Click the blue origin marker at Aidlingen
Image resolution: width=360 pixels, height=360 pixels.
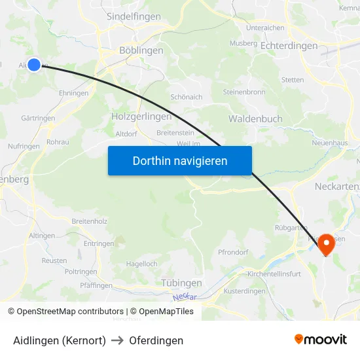(34, 64)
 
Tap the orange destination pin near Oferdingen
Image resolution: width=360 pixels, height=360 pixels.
(326, 245)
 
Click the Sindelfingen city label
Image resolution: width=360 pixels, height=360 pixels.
(134, 16)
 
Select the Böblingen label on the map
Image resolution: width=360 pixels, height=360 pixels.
(141, 50)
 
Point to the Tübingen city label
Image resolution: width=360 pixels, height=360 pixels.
(181, 283)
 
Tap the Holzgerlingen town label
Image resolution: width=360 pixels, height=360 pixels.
(141, 117)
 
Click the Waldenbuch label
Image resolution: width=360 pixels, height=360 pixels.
(255, 118)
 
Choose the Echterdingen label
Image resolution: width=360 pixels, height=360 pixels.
(289, 46)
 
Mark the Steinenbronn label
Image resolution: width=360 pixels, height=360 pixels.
(243, 92)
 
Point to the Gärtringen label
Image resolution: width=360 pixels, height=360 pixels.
(38, 118)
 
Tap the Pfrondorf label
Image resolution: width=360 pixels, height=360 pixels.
(233, 252)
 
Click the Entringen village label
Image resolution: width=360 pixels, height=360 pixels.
(99, 243)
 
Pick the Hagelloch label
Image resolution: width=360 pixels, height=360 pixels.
(141, 264)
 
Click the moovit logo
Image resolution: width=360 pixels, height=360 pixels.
(320, 340)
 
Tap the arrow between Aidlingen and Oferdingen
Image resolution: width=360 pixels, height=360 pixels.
(118, 340)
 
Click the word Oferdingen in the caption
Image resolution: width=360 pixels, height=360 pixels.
(156, 340)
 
